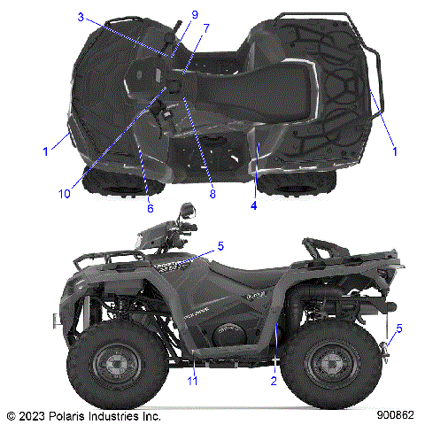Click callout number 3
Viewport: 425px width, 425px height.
click(80, 17)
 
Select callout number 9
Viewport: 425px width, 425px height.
click(195, 14)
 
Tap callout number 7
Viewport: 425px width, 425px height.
click(205, 28)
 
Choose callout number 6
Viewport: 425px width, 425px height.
click(150, 209)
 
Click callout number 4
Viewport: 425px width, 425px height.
click(253, 205)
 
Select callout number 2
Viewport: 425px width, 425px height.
click(274, 381)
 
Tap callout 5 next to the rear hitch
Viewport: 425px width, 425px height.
click(399, 328)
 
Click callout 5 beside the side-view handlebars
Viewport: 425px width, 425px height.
click(221, 245)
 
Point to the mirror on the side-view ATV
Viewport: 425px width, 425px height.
click(187, 212)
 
